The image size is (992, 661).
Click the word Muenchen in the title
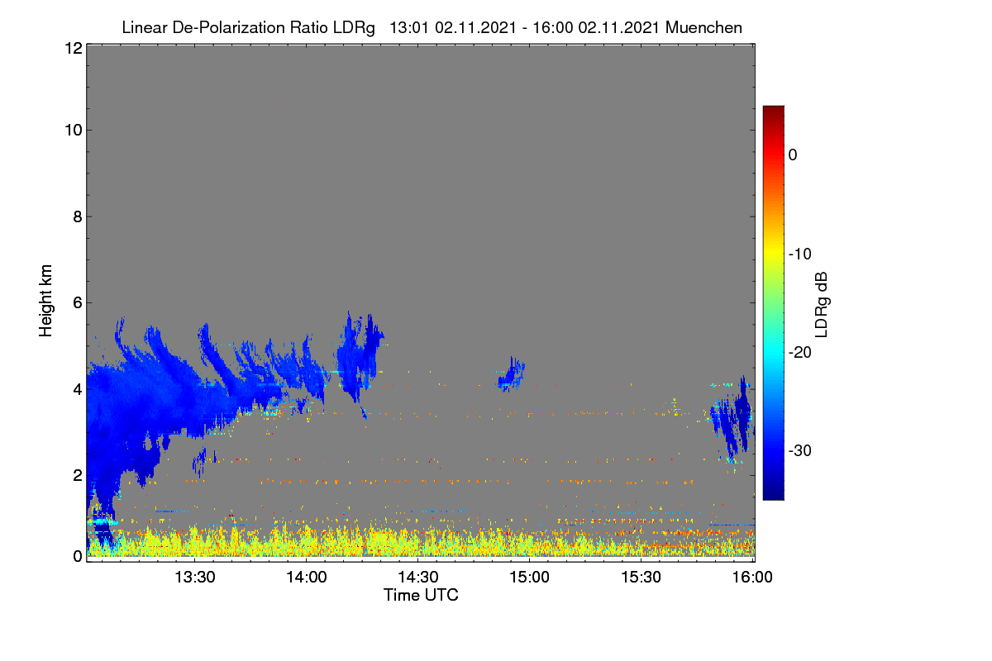(x=703, y=28)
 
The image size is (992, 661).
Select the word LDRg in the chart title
(x=354, y=28)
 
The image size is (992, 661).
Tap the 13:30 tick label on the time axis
(x=195, y=577)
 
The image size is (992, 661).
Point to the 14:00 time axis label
(x=307, y=577)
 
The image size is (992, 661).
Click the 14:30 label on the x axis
(x=418, y=577)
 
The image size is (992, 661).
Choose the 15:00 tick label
(x=529, y=577)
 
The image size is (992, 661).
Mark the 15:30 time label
(x=641, y=577)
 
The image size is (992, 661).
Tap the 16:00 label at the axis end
(x=752, y=577)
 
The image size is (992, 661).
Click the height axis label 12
(x=74, y=48)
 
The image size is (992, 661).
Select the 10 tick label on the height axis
(x=74, y=131)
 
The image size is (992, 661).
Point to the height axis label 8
(x=78, y=216)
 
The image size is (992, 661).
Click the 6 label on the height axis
(x=78, y=303)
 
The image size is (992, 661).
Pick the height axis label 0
(x=78, y=557)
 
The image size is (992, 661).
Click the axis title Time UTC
(x=421, y=595)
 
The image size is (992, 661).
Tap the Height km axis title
(x=45, y=301)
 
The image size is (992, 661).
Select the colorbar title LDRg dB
(x=822, y=305)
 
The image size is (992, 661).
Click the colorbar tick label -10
(x=800, y=254)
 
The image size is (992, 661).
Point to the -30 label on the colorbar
(x=800, y=450)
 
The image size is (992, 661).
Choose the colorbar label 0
(x=793, y=155)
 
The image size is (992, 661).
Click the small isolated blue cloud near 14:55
(x=512, y=374)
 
